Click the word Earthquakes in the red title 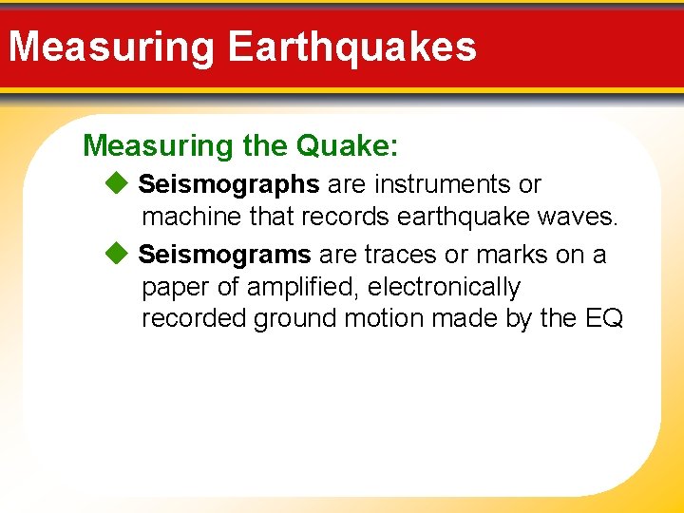click(352, 47)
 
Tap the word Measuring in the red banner click(113, 47)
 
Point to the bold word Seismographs click(229, 184)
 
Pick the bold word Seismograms click(225, 255)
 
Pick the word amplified click(304, 287)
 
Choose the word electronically click(444, 287)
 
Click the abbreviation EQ click(604, 318)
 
